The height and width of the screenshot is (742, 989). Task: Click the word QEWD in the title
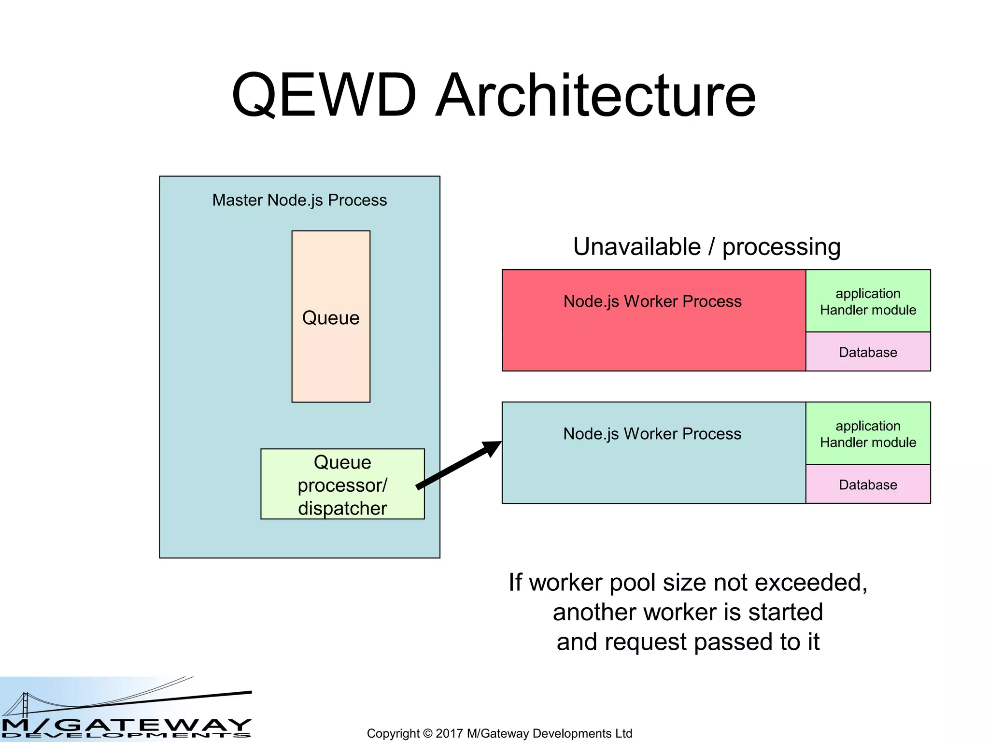click(x=324, y=95)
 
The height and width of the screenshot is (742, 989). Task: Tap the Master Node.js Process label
click(x=299, y=200)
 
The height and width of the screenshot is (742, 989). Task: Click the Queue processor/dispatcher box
click(x=342, y=485)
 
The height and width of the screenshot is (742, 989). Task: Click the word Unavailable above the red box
click(x=636, y=247)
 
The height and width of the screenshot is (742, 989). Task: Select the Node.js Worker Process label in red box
click(x=652, y=301)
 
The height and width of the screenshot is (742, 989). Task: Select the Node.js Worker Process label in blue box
click(x=652, y=434)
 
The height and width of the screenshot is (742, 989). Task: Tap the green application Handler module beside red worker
click(x=868, y=301)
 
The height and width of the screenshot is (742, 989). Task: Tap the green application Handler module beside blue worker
click(x=868, y=434)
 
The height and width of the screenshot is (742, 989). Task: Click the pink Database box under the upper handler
click(x=868, y=352)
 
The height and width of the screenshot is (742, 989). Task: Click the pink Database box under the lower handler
click(x=868, y=485)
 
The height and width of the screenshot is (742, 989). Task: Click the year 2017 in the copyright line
click(x=449, y=733)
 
